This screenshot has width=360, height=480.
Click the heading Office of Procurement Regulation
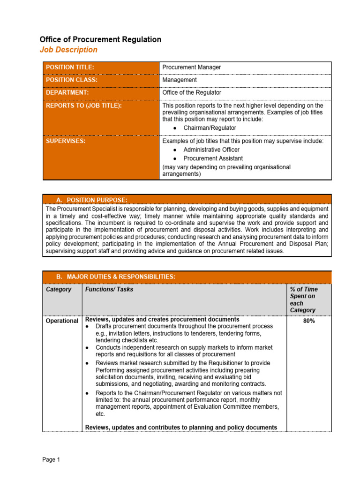point(100,39)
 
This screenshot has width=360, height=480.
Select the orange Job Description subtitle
point(68,50)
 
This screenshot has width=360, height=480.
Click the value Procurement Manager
point(191,67)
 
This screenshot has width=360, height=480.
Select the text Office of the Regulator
point(192,93)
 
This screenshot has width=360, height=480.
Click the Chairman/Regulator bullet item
point(210,128)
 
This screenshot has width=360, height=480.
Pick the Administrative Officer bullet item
point(211,150)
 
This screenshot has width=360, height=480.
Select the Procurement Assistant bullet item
point(213,158)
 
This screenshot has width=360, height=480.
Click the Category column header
point(59,290)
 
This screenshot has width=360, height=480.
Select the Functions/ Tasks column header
point(109,290)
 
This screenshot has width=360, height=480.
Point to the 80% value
point(308,322)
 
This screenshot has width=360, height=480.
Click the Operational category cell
point(62,321)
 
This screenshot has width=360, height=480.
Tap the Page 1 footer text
point(51,460)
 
